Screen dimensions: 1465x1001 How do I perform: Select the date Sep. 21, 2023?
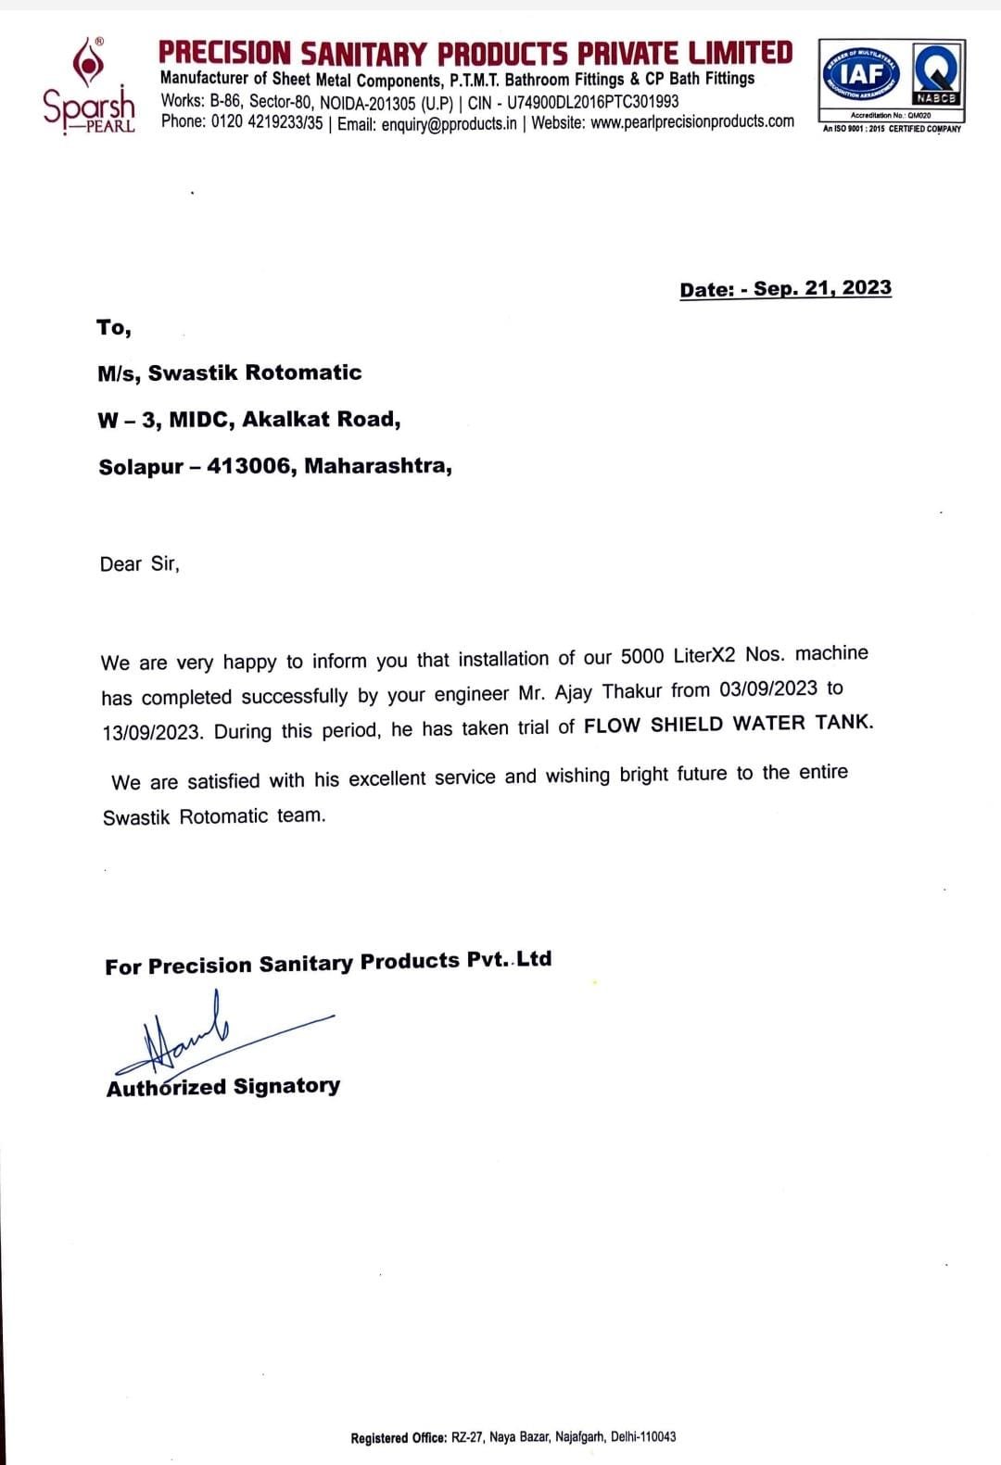tap(822, 288)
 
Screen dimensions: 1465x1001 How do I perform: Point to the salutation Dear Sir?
tap(139, 564)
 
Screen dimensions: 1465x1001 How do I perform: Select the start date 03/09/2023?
tap(767, 688)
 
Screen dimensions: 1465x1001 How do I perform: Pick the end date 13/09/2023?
tap(152, 732)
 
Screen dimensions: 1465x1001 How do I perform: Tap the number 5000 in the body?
tap(642, 656)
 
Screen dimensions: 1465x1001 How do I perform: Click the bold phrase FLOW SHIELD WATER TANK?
tap(728, 724)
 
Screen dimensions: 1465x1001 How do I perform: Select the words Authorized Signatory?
tap(223, 1087)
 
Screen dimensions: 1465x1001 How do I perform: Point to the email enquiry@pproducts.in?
tap(449, 123)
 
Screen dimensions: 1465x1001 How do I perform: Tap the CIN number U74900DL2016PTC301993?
tap(592, 101)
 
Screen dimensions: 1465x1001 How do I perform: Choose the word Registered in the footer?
tap(379, 1437)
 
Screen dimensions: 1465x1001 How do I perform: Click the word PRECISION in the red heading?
tap(224, 53)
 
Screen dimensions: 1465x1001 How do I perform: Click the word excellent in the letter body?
tap(386, 778)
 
